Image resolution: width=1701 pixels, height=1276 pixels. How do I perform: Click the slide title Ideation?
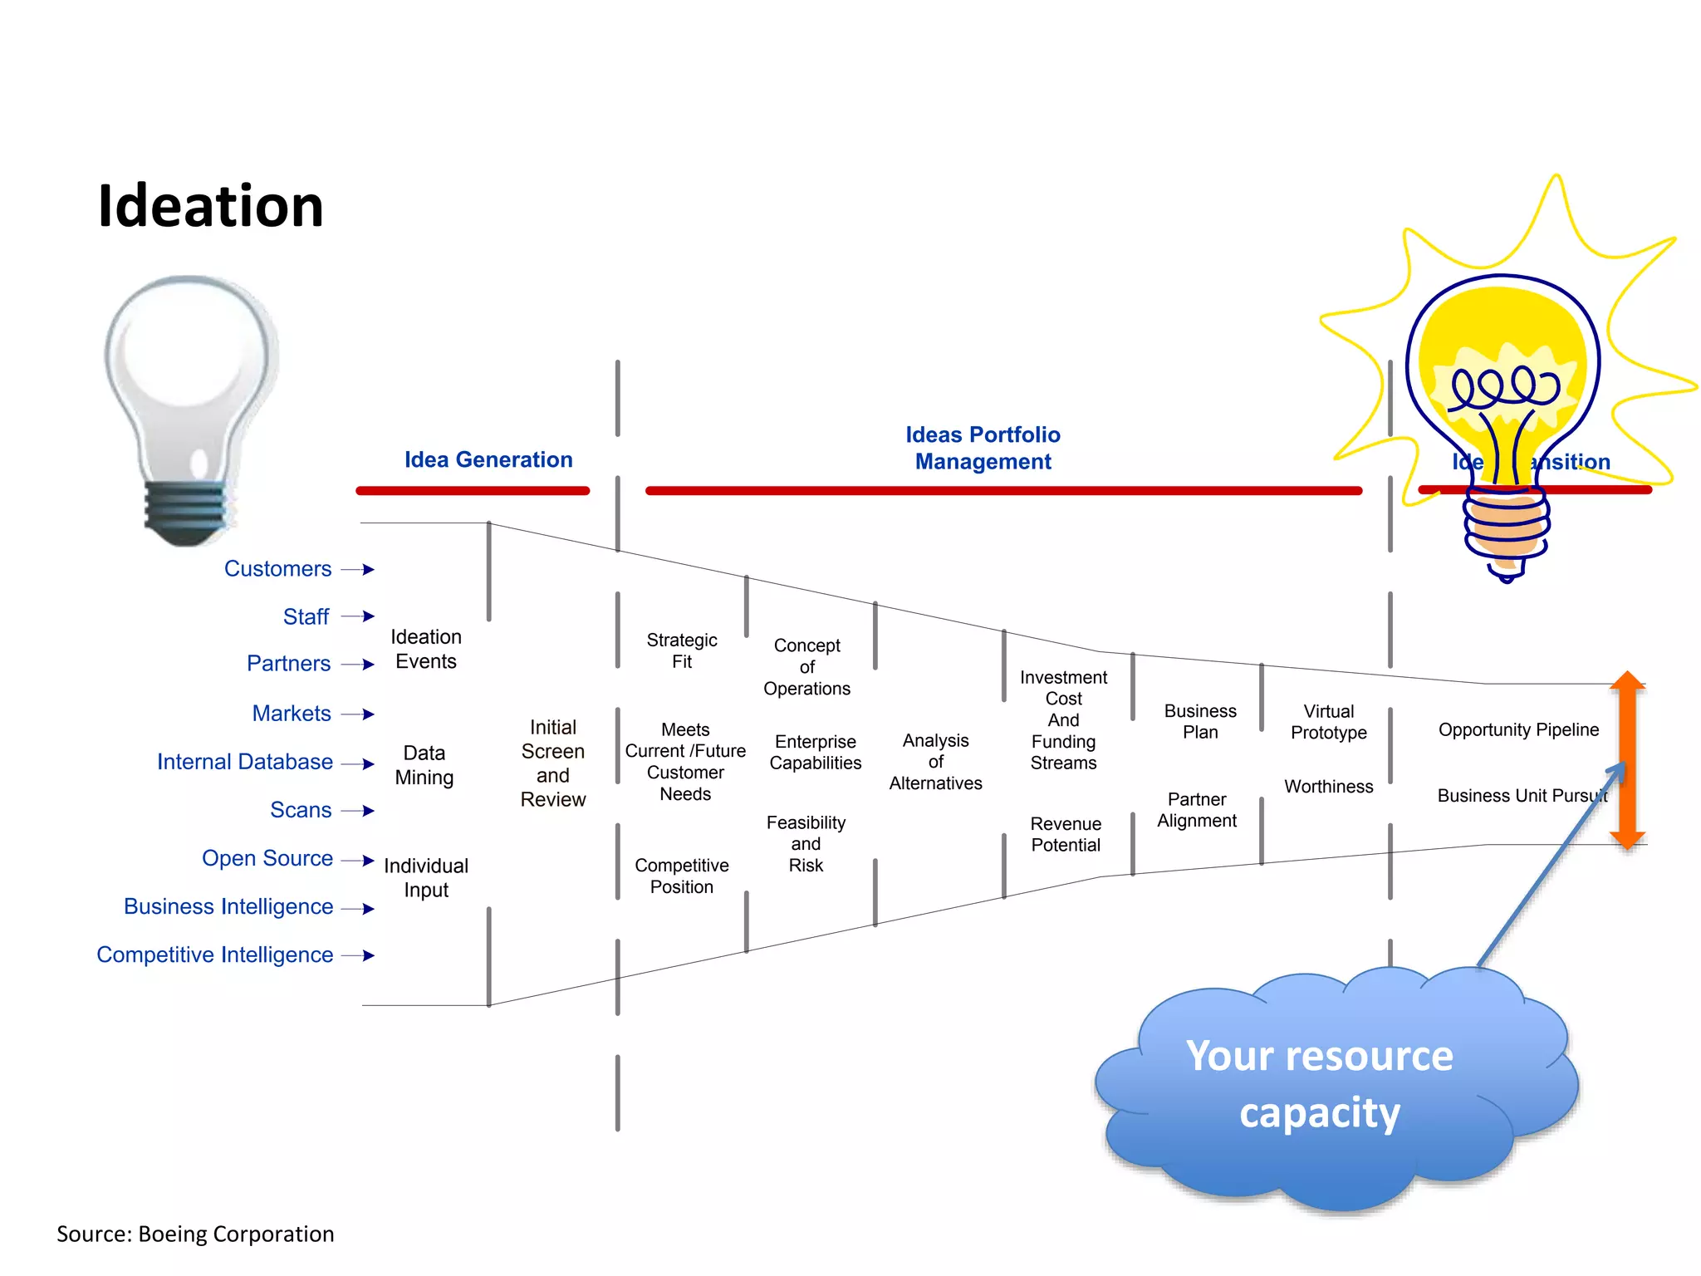[210, 206]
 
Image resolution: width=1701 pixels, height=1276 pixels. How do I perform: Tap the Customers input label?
[277, 569]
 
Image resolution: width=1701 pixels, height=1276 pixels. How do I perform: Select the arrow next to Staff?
[358, 616]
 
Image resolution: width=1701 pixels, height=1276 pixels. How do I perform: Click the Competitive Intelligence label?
[214, 955]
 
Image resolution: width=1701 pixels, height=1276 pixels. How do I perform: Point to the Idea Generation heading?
[488, 459]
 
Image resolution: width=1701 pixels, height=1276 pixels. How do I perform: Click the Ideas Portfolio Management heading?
[983, 448]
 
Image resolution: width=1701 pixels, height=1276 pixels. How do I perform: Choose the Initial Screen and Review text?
[553, 763]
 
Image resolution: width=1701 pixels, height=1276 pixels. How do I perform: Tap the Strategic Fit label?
[682, 650]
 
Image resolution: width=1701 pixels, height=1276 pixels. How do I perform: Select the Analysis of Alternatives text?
[935, 761]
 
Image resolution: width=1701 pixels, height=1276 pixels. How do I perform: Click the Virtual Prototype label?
[1328, 722]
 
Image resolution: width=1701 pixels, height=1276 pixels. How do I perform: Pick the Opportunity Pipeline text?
[1517, 729]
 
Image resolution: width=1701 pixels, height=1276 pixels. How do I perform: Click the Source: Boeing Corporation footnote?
[195, 1234]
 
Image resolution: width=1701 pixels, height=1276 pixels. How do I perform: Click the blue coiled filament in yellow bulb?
[1504, 386]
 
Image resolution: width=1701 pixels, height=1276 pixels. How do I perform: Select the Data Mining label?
[424, 765]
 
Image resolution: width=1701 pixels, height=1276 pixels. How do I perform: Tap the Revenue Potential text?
[1066, 834]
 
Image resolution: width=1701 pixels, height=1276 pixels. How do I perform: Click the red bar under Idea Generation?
[473, 491]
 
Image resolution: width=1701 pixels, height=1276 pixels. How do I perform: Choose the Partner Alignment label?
[1197, 810]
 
